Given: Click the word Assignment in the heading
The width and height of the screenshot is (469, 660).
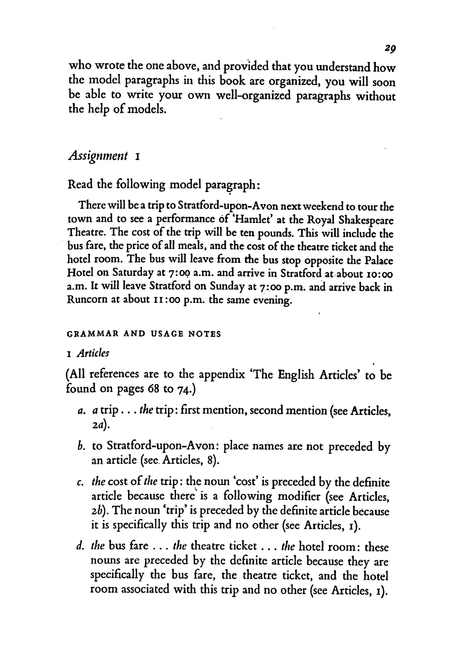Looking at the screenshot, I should point(98,156).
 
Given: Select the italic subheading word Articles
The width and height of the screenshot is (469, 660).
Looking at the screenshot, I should point(93,353).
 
